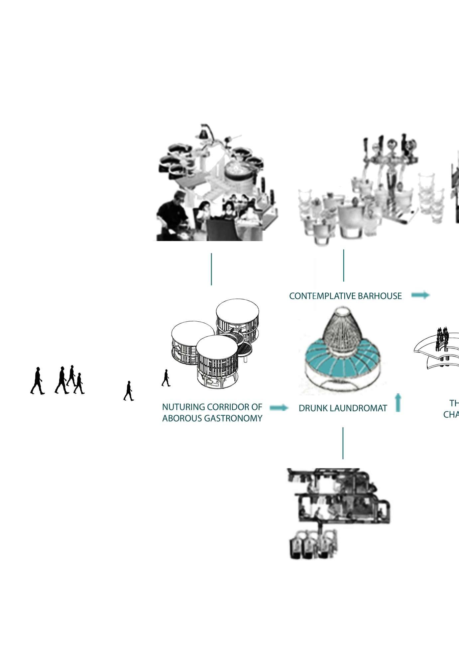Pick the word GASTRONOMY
(233, 418)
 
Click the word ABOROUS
(181, 418)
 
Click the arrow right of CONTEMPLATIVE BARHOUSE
(420, 295)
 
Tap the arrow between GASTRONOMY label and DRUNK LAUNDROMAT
(279, 408)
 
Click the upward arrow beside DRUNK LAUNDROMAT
(398, 402)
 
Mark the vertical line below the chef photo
(211, 269)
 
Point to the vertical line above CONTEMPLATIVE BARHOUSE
(344, 266)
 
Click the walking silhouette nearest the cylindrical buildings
(166, 378)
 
